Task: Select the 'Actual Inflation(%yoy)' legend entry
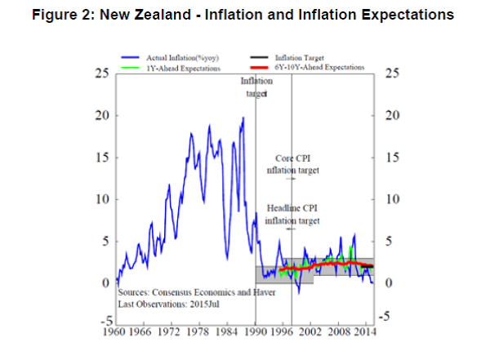coord(175,59)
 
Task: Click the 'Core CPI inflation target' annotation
coord(292,164)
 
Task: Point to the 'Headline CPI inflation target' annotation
coord(292,215)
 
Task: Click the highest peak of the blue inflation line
coord(243,118)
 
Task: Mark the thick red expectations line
coord(327,264)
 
